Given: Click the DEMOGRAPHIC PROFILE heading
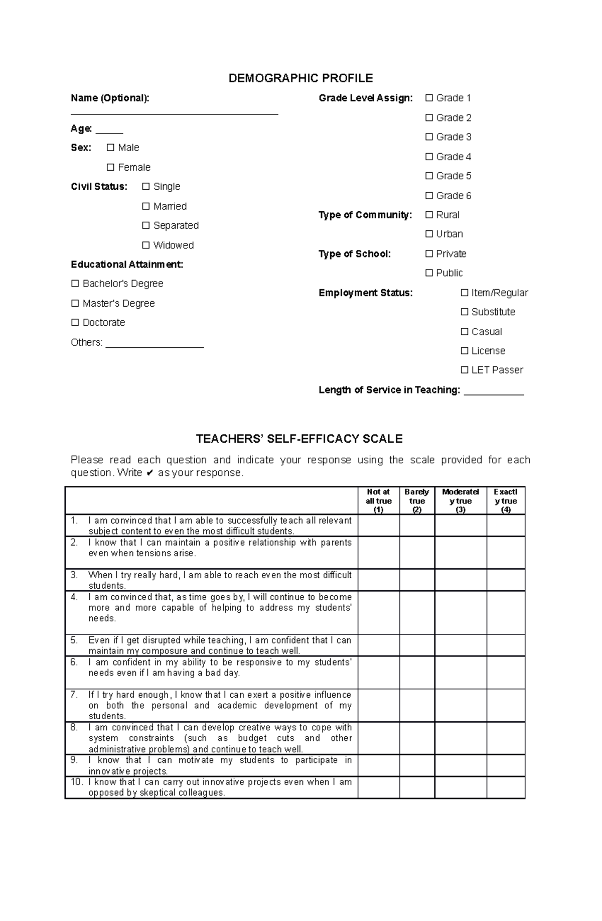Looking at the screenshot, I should click(x=300, y=78).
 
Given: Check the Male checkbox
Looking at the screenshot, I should click(x=110, y=148).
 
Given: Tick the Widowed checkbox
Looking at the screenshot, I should click(x=146, y=245).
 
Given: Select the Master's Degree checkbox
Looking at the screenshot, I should click(x=75, y=303).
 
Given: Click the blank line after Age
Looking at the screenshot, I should click(x=109, y=131).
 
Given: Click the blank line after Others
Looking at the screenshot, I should click(x=155, y=345).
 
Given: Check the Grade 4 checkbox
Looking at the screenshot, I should click(x=429, y=157).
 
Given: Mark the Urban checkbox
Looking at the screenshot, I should click(x=429, y=234).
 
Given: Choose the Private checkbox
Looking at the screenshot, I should click(x=429, y=253).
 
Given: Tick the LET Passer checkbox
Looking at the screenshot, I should click(x=465, y=370).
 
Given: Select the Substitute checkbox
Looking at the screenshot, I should click(x=465, y=312).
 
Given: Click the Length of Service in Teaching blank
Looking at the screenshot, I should click(x=494, y=392).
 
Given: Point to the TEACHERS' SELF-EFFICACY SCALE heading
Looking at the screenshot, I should click(x=299, y=439).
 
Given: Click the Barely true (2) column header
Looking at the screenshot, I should click(x=417, y=501).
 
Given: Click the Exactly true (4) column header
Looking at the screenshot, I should click(x=505, y=501).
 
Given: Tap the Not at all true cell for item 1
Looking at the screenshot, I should click(x=379, y=525).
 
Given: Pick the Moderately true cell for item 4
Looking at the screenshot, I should click(x=461, y=612).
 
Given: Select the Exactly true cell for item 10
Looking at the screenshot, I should click(x=505, y=787).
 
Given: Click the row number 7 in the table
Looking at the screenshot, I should click(x=74, y=695).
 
